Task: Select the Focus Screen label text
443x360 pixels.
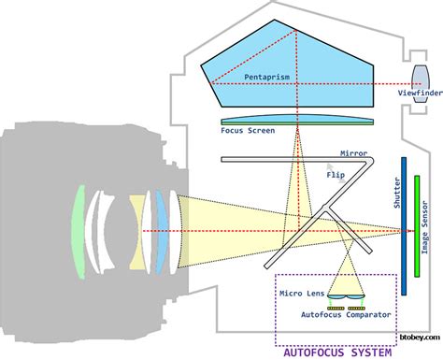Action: [248, 131]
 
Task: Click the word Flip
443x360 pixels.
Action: [334, 174]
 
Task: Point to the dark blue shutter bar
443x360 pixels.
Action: [403, 224]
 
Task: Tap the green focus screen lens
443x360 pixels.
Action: [298, 122]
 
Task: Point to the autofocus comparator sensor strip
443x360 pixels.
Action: [345, 307]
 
